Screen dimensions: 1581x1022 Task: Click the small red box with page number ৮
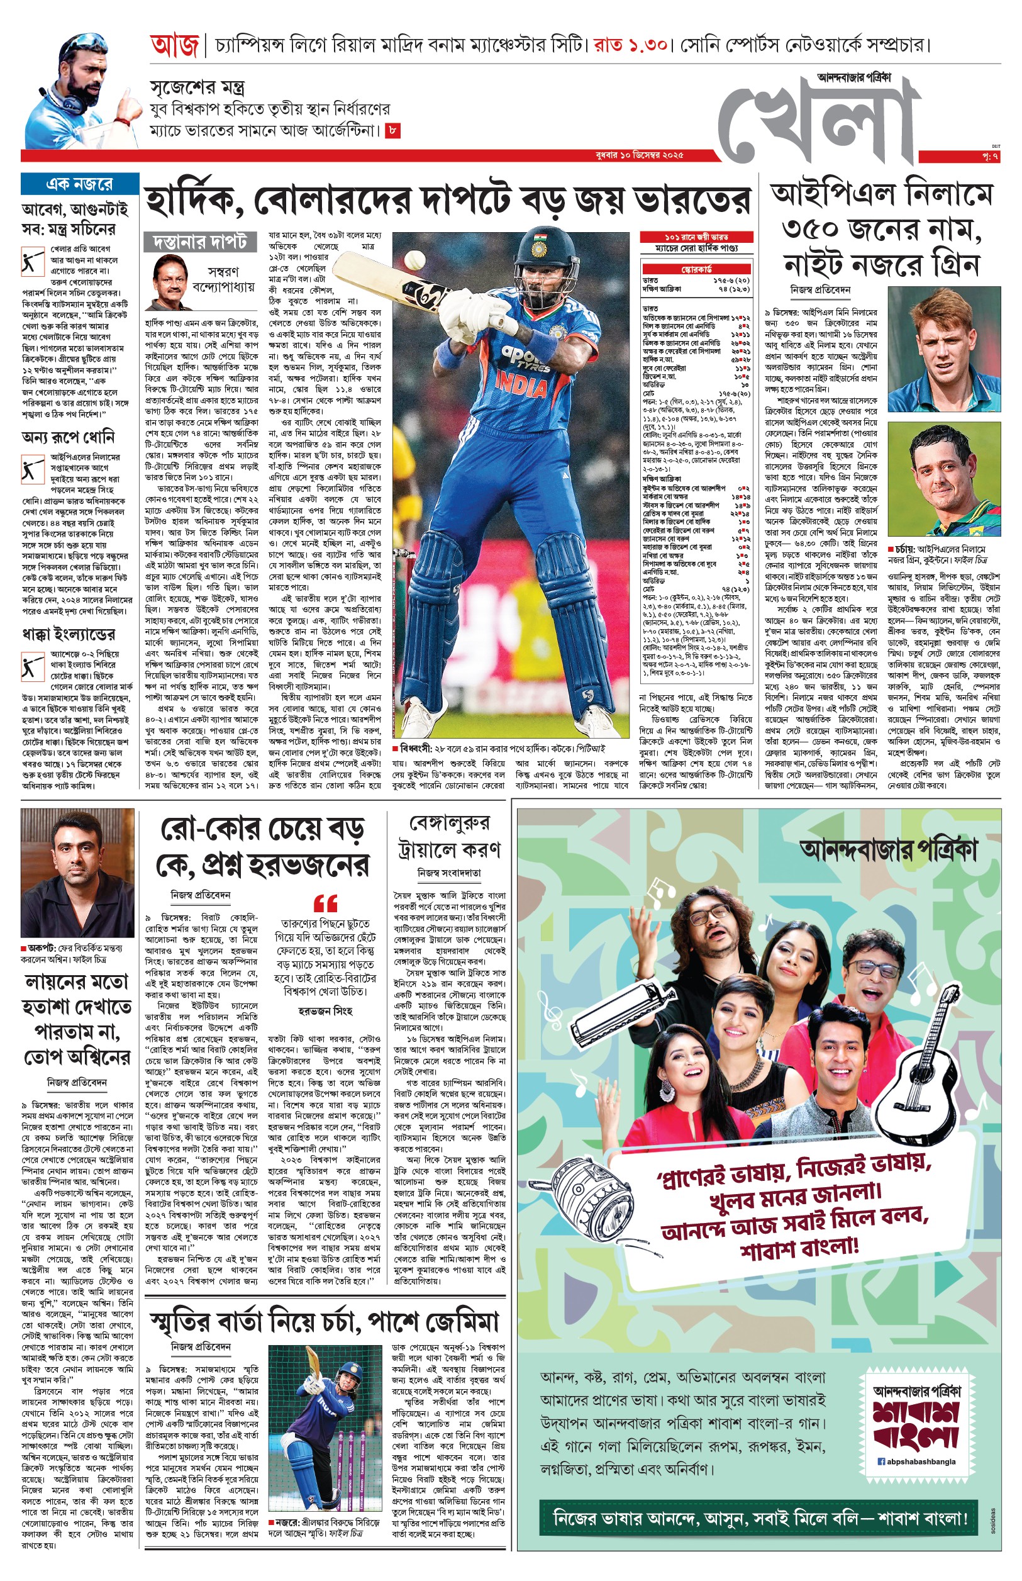(x=393, y=131)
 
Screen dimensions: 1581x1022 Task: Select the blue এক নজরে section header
(x=80, y=184)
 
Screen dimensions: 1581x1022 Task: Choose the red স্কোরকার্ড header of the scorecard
(x=696, y=269)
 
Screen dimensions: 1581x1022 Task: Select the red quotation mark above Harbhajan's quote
(x=325, y=903)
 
